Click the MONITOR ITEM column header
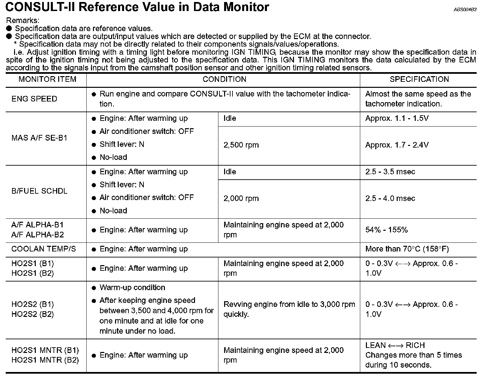(47, 79)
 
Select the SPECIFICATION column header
(419, 79)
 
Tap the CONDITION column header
(224, 79)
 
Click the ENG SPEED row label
(34, 99)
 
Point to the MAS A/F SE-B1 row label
(39, 138)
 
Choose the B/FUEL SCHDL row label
(39, 191)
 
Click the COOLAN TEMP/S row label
(43, 249)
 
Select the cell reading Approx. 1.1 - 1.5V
(397, 119)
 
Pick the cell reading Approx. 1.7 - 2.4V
(397, 145)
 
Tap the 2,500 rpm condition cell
(241, 145)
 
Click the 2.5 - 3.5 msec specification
(390, 172)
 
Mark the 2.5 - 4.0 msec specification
(390, 198)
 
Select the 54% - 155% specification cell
(386, 230)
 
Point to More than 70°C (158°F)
(407, 249)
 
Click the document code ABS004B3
(465, 10)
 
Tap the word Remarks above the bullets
(23, 21)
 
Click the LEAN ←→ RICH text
(395, 345)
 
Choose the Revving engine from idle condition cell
(289, 309)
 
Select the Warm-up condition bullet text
(132, 288)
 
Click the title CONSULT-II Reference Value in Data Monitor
(137, 7)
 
